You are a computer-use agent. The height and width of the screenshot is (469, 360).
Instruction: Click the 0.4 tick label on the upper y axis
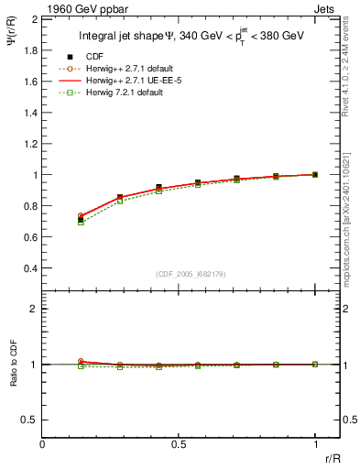click(30, 268)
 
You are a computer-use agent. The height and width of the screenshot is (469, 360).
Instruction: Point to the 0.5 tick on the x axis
click(179, 443)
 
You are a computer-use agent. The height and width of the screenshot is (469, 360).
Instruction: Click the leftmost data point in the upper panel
click(81, 220)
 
